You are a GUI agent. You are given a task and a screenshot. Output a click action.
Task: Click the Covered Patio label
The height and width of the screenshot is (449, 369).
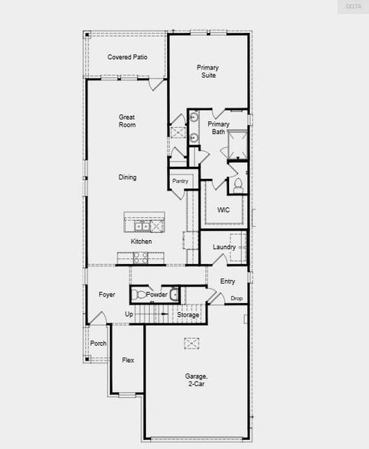126,57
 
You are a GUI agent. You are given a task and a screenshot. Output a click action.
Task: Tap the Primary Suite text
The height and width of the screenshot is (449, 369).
208,71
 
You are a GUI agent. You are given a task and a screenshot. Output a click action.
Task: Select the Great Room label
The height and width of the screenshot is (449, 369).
126,120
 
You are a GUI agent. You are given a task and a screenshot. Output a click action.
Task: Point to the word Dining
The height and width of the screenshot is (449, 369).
127,177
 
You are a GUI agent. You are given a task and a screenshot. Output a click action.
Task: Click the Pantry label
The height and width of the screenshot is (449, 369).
180,181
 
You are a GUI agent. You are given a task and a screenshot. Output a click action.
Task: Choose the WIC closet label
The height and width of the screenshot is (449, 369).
223,210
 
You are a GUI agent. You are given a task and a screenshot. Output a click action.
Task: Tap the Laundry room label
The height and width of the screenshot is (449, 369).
224,247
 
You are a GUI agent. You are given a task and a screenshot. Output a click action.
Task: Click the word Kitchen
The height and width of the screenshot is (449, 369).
141,242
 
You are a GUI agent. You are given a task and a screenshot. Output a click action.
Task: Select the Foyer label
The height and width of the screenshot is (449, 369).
107,295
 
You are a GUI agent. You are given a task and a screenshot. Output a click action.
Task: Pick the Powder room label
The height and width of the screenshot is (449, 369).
156,295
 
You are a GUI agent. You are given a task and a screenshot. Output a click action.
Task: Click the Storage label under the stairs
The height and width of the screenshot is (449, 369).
188,315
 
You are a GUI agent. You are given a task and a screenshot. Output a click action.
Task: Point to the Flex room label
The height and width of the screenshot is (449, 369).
128,360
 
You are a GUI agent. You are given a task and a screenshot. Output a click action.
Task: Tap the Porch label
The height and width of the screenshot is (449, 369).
98,343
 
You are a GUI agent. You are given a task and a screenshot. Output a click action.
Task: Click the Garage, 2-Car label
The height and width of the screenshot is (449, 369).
195,380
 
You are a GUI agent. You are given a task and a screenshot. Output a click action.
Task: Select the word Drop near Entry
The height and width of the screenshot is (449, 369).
237,299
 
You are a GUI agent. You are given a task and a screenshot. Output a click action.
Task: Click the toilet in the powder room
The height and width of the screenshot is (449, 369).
173,294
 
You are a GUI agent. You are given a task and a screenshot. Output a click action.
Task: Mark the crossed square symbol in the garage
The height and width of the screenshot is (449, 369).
192,343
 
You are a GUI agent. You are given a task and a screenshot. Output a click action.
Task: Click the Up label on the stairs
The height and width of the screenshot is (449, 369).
129,314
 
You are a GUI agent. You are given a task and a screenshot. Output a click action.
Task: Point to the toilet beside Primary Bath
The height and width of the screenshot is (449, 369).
239,183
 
